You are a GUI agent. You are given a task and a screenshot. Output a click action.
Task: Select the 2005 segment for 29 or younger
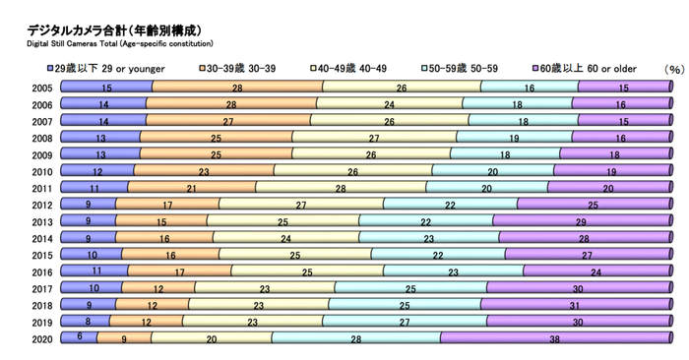[x=106, y=88]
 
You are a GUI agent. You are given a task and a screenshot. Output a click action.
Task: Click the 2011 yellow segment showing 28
[x=341, y=188]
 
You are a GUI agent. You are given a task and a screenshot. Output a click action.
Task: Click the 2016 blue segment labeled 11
[x=94, y=270]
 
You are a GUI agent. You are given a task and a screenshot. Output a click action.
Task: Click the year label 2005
[x=42, y=89]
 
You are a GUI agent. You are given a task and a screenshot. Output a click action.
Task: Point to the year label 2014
[x=42, y=239]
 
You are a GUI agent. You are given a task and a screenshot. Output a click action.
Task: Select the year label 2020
[x=42, y=338]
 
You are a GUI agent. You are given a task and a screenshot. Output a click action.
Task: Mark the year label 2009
[x=42, y=155]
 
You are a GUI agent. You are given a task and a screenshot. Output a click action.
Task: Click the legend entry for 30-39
[x=242, y=69]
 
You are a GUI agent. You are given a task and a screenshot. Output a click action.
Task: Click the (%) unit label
[x=673, y=70]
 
